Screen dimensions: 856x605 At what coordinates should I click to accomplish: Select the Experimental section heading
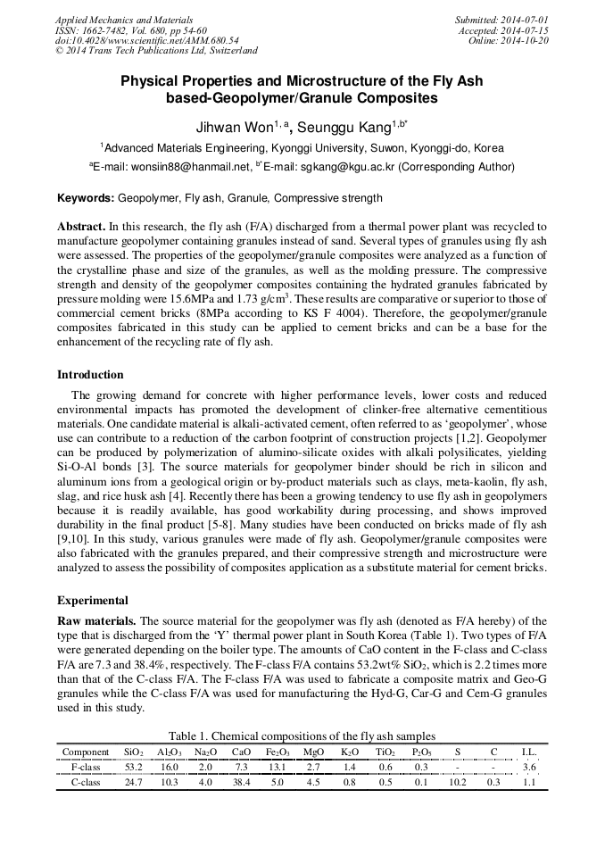coord(93,601)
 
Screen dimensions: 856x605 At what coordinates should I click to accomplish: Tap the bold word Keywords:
coord(86,198)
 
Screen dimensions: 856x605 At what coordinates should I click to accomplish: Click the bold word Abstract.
coord(81,228)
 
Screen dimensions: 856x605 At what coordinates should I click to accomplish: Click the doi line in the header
coord(146,41)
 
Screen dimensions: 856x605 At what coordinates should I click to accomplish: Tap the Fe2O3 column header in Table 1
coord(276,752)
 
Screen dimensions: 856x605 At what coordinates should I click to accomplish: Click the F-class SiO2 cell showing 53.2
coord(135,767)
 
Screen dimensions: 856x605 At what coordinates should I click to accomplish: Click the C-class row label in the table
coord(86,782)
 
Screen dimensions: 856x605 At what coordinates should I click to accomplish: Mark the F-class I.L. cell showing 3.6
coord(529,767)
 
